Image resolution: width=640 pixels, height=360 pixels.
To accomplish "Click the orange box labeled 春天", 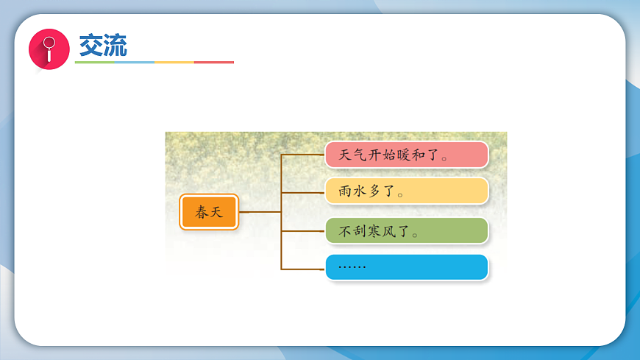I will point(209,212).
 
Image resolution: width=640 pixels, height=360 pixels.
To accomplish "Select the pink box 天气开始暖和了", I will point(406,155).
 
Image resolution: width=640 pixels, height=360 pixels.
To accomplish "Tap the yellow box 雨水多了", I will point(406,191).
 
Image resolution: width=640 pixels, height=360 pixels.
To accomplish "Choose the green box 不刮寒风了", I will point(406,230).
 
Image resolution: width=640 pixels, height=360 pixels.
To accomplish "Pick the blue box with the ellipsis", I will point(406,267).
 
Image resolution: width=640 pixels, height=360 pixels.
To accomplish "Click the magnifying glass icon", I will point(49,49).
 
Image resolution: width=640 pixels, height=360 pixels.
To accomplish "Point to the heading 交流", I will point(103,46).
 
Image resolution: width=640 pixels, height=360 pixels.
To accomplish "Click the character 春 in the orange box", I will point(201,213).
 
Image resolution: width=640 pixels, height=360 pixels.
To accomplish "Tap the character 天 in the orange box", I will point(217,213).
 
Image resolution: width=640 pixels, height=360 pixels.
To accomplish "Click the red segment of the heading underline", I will point(214,63).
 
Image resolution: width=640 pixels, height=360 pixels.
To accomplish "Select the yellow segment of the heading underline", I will point(174,63).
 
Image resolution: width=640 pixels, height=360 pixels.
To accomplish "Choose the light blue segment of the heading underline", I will point(135,63).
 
